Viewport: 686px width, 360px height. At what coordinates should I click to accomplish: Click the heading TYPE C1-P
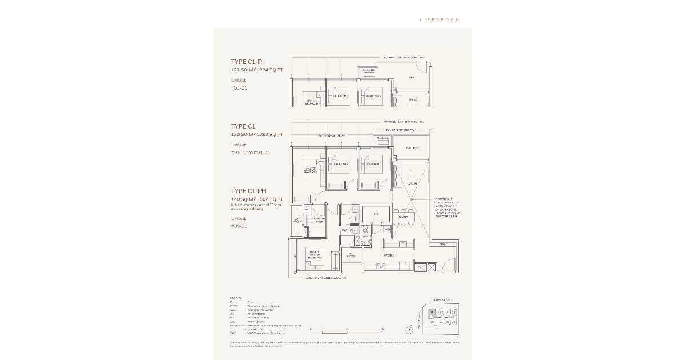[x=246, y=62]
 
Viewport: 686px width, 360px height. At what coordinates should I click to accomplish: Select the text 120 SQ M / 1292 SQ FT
[x=257, y=134]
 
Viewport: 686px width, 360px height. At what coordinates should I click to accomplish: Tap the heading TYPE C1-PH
[x=249, y=191]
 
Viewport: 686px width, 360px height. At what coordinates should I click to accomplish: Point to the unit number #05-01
[x=239, y=226]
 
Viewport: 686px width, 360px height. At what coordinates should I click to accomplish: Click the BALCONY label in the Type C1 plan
[x=412, y=148]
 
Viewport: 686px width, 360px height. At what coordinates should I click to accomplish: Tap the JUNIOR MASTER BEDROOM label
[x=314, y=254]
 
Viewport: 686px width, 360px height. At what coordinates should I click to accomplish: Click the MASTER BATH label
[x=319, y=219]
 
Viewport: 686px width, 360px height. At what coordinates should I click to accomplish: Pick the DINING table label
[x=403, y=217]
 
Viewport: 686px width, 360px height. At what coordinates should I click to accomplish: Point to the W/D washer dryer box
[x=387, y=229]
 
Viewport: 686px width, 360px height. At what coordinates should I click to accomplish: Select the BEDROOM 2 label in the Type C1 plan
[x=340, y=164]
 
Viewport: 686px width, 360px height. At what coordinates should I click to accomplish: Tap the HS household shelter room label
[x=376, y=214]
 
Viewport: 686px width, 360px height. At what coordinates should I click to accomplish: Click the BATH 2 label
[x=346, y=230]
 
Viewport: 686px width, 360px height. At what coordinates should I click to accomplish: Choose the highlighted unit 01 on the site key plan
[x=432, y=313]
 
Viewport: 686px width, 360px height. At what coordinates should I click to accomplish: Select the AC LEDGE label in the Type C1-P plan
[x=369, y=70]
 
